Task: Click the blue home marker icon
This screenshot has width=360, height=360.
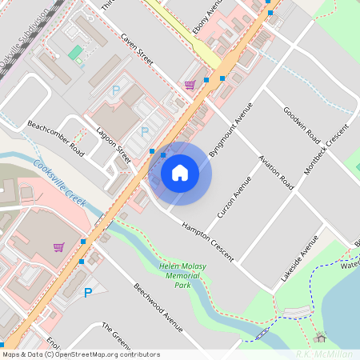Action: point(180,173)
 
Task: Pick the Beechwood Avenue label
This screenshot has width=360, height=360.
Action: point(158,308)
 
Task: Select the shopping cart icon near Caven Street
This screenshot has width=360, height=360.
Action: point(190,84)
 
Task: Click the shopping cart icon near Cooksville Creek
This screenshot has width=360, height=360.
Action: point(58,247)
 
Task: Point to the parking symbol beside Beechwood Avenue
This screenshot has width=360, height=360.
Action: point(88,294)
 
